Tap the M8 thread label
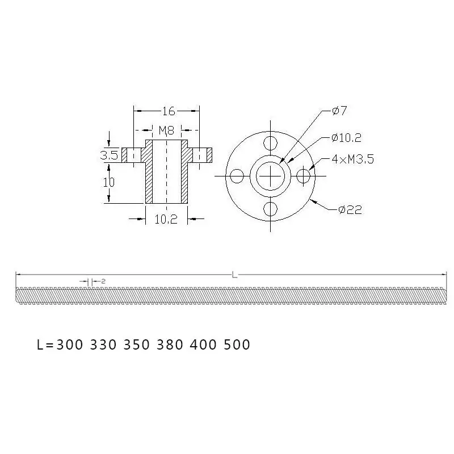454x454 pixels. point(166,130)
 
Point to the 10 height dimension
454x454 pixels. point(110,182)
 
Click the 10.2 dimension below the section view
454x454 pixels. point(166,220)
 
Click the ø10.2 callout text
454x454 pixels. point(347,137)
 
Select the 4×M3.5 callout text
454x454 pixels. point(353,159)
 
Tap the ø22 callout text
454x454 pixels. point(350,209)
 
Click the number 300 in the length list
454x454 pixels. point(71,344)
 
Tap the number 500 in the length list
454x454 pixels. point(237,344)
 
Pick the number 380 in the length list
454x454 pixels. point(170,344)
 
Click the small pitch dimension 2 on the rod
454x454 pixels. point(96,280)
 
